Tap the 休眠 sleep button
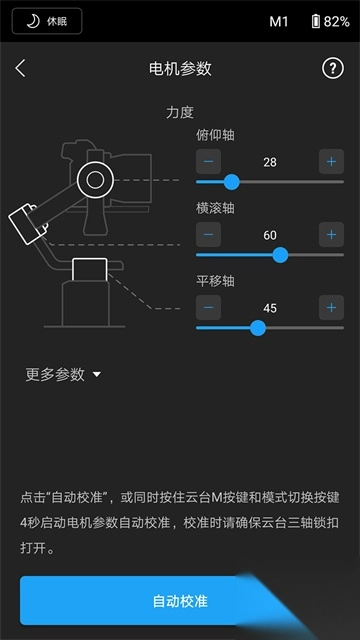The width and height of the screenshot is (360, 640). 47,21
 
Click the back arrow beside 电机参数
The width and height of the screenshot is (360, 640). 20,68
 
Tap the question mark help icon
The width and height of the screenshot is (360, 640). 333,68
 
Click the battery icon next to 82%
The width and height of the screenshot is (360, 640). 316,21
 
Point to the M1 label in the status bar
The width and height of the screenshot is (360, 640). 279,22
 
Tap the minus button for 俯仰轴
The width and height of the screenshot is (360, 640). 209,162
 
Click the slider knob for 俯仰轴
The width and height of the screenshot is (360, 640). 232,182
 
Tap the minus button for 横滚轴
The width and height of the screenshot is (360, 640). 209,235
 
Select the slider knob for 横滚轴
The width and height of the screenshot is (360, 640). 280,255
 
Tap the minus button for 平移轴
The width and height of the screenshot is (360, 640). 209,307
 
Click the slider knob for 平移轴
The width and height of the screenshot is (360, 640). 258,328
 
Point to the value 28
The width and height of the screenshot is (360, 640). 270,162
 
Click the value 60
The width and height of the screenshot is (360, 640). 270,235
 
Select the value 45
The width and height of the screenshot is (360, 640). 270,308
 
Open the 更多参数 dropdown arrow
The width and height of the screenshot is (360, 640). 97,374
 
